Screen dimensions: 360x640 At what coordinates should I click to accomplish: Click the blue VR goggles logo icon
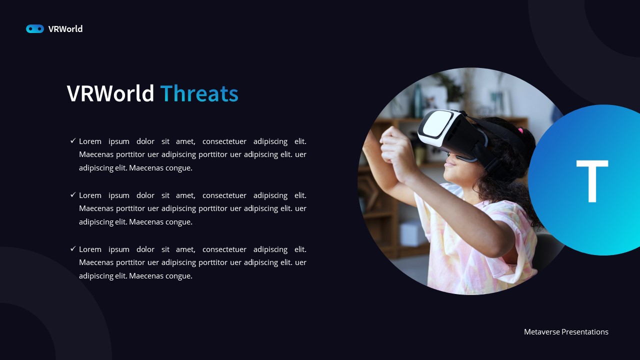(35, 29)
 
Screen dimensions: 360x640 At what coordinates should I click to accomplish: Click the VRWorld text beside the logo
(65, 29)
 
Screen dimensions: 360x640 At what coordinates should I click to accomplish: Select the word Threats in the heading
(199, 93)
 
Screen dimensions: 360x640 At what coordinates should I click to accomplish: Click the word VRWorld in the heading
(110, 93)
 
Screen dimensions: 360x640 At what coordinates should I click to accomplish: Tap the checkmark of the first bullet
(73, 141)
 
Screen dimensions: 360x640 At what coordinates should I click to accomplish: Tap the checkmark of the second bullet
(73, 195)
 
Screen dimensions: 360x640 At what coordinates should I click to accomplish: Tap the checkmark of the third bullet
(73, 249)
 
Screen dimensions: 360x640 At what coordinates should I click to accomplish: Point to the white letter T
(592, 180)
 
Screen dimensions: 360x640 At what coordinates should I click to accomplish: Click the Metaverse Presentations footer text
(566, 332)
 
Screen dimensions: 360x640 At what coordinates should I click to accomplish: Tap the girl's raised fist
(395, 145)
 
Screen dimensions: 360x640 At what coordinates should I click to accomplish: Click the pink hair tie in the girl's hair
(520, 131)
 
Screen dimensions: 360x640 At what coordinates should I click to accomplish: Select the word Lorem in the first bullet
(90, 141)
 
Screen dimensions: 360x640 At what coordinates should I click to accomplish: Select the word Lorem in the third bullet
(90, 249)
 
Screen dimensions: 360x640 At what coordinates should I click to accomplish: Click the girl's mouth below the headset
(450, 163)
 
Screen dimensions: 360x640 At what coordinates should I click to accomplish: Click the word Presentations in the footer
(584, 332)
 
